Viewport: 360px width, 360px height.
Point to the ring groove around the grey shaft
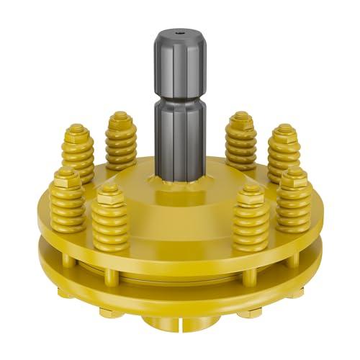[180, 99]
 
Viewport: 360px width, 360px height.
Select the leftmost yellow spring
[67, 205]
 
